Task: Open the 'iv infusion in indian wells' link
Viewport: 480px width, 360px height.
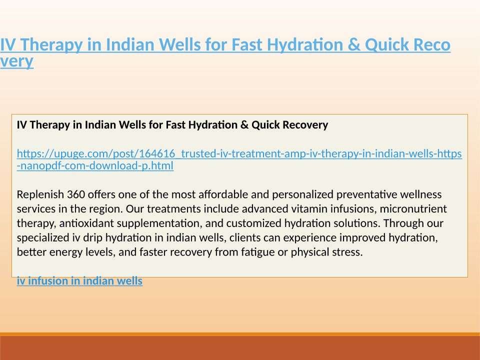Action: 79,281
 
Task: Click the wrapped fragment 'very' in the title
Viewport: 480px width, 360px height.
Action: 16,61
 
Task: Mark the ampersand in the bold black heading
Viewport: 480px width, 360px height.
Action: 244,125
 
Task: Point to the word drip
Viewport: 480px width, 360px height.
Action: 93,238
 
